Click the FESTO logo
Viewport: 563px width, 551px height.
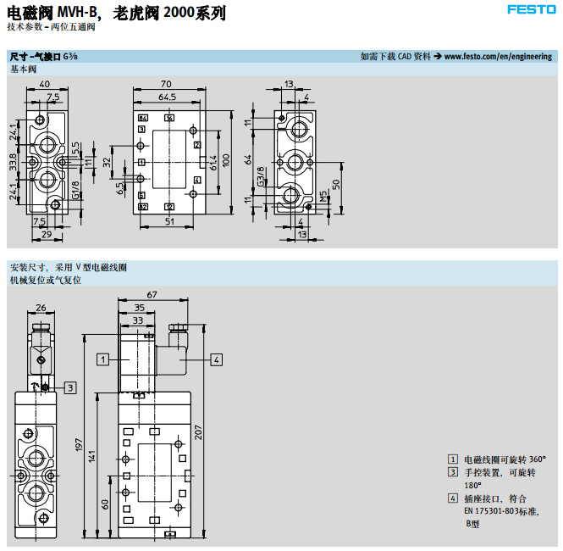pyautogui.click(x=530, y=10)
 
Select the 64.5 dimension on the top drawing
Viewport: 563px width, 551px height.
pyautogui.click(x=167, y=98)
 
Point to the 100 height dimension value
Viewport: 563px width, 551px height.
pyautogui.click(x=226, y=160)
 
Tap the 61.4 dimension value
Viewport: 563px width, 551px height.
pyautogui.click(x=214, y=161)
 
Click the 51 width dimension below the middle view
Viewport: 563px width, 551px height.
pyautogui.click(x=169, y=222)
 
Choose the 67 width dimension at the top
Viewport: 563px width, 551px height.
pyautogui.click(x=152, y=295)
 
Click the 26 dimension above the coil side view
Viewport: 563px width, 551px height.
pyautogui.click(x=41, y=309)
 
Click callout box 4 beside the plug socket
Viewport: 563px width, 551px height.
pyautogui.click(x=217, y=359)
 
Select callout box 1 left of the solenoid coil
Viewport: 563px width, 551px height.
pyautogui.click(x=102, y=359)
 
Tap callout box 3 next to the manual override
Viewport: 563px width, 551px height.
pyautogui.click(x=70, y=387)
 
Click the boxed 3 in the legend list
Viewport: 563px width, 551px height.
pyautogui.click(x=454, y=472)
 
